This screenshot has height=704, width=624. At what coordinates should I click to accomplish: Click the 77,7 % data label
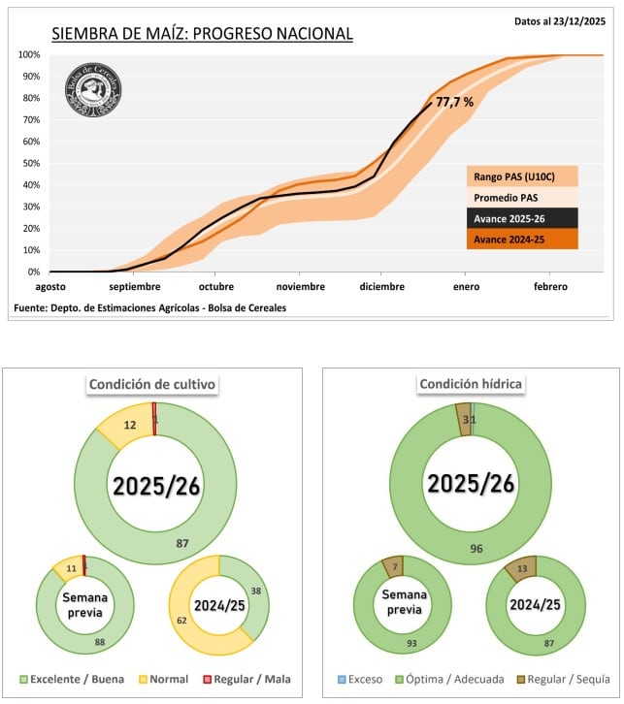pos(454,102)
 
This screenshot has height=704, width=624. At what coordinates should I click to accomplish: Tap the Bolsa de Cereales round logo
pos(92,91)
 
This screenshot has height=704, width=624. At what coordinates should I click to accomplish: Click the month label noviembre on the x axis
pos(300,287)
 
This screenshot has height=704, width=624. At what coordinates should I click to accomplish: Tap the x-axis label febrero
pos(548,287)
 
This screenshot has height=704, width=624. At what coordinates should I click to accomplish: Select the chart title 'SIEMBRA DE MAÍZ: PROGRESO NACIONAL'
pos(202,35)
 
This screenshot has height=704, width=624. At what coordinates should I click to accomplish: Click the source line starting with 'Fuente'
pos(150,307)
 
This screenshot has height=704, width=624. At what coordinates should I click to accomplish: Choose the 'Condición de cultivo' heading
pos(153,385)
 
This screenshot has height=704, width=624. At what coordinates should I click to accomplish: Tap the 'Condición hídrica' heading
pos(471,384)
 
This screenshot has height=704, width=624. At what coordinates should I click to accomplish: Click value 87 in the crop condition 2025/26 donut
pos(181,544)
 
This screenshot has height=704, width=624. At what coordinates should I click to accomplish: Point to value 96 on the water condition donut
pos(475,548)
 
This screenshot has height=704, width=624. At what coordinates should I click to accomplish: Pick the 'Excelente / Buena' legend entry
pos(74,679)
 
